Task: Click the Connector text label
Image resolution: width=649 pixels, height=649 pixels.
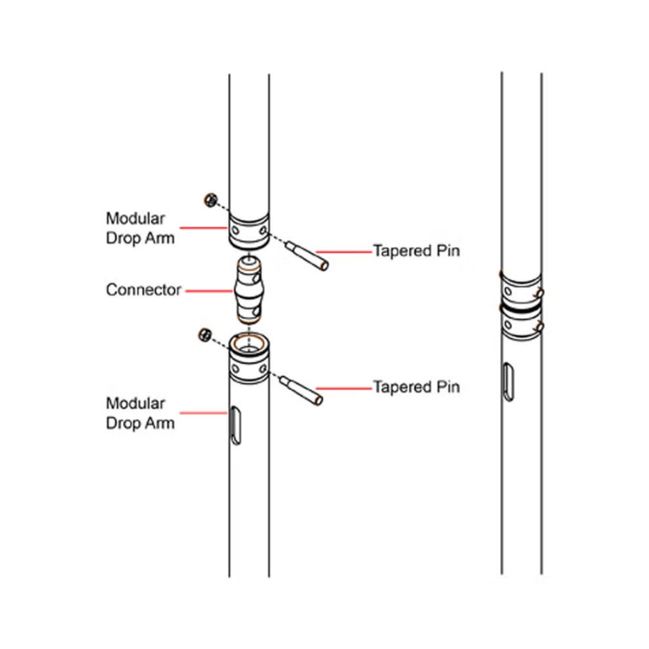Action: pyautogui.click(x=143, y=290)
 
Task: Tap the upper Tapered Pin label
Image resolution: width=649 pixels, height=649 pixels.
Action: pyautogui.click(x=416, y=251)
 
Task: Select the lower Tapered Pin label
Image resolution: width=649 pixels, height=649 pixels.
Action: pyautogui.click(x=416, y=387)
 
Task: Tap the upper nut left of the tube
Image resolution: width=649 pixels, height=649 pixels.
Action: pyautogui.click(x=208, y=199)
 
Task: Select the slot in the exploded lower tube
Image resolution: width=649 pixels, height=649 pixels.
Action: pyautogui.click(x=234, y=425)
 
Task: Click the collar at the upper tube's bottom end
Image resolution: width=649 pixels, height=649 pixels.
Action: pyautogui.click(x=249, y=230)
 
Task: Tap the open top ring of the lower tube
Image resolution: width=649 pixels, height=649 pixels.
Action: pyautogui.click(x=248, y=342)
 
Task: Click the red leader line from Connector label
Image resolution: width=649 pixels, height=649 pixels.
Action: pyautogui.click(x=206, y=290)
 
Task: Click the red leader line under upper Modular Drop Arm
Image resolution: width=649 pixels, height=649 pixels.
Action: pyautogui.click(x=202, y=227)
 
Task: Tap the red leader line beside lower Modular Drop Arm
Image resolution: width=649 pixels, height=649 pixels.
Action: pyautogui.click(x=202, y=413)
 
